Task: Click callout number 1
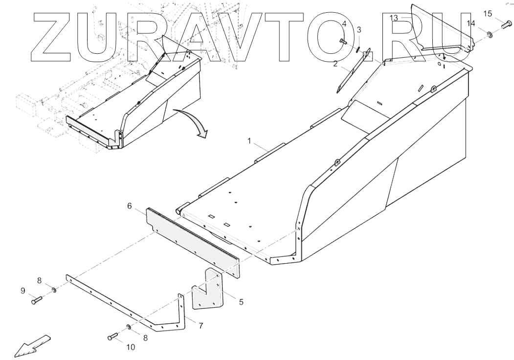click(249, 141)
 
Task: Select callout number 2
click(336, 63)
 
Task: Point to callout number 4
click(344, 24)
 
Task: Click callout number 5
click(241, 302)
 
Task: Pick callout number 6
click(130, 206)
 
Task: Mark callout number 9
click(23, 291)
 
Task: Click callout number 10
click(130, 348)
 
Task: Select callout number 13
click(394, 18)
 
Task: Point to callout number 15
click(488, 13)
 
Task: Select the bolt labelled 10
click(112, 337)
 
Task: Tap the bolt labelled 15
click(506, 24)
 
